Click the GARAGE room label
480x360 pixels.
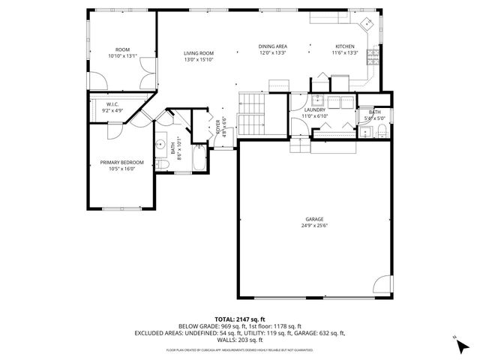(314, 219)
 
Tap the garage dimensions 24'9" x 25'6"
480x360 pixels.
(314, 226)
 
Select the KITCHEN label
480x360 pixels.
(344, 46)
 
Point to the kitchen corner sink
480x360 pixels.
(367, 23)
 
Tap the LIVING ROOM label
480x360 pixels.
(199, 52)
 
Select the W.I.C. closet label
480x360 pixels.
(113, 104)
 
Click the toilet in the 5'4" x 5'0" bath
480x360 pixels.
(382, 132)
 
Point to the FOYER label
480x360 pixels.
(219, 125)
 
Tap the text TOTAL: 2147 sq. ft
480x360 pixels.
(239, 319)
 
